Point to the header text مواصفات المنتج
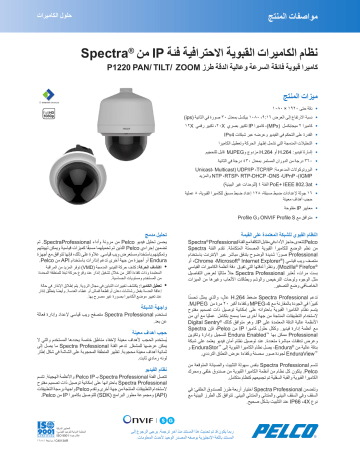(325, 11)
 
